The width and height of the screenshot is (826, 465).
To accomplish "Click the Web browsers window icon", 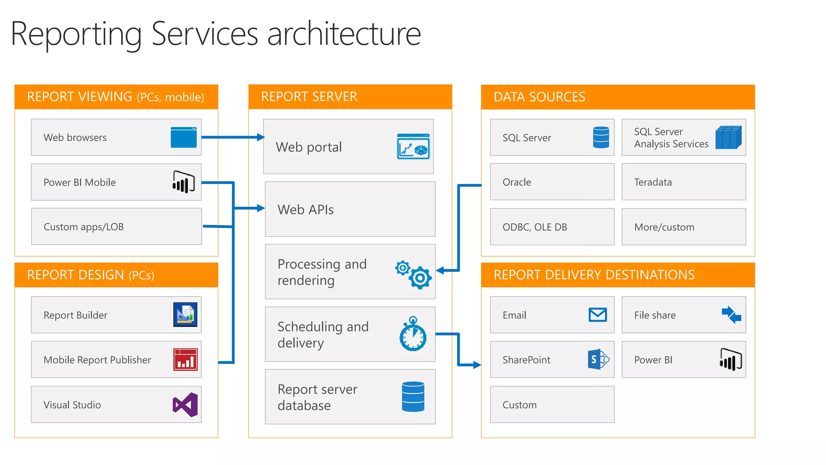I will [184, 137].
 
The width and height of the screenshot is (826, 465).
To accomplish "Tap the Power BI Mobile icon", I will [184, 182].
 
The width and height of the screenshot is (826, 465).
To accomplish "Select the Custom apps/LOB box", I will [116, 226].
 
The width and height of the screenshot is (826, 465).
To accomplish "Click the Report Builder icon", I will [185, 314].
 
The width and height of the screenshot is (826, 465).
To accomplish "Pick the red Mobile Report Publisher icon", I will [186, 359].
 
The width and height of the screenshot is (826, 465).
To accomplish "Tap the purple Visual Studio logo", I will [185, 404].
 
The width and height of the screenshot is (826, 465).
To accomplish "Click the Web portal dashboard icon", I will [413, 147].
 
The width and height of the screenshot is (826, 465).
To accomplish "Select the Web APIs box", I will [350, 209].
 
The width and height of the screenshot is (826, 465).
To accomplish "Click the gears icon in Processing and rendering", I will [413, 274].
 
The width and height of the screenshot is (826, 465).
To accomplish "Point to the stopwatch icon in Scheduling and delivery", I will [413, 334].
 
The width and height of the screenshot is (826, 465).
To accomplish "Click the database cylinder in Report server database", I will [413, 397].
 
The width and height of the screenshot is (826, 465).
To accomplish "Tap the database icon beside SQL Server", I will [601, 137].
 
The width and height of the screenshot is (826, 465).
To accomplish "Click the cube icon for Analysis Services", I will [728, 137].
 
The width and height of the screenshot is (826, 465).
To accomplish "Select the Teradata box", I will [684, 182].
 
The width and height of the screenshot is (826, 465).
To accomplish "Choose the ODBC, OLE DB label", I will [534, 227].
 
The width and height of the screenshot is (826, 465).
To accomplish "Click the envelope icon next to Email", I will [597, 314].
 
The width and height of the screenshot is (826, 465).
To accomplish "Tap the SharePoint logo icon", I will [598, 359].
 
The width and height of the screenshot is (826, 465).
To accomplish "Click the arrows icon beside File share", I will [731, 314].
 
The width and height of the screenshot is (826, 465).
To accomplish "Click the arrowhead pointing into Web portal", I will [261, 137].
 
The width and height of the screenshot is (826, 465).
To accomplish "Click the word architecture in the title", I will [344, 34].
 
